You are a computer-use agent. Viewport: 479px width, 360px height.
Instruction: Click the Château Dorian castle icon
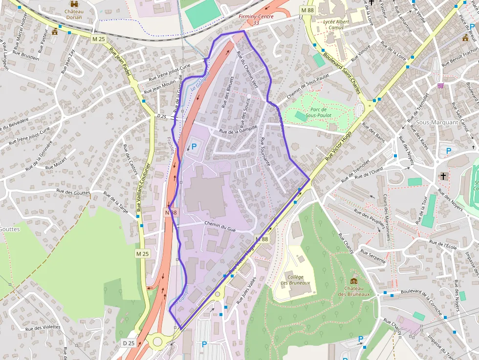[x=74, y=4]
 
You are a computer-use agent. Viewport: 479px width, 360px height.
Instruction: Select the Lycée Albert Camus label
[x=336, y=24]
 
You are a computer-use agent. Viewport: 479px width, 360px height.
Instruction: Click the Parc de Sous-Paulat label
[x=319, y=112]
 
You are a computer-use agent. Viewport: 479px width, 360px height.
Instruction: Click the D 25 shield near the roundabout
[x=129, y=343]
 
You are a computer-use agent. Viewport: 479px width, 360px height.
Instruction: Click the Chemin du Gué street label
[x=220, y=225]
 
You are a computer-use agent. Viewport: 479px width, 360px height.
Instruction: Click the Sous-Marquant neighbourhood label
[x=434, y=122]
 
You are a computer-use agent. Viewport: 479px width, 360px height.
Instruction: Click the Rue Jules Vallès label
[x=246, y=290]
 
